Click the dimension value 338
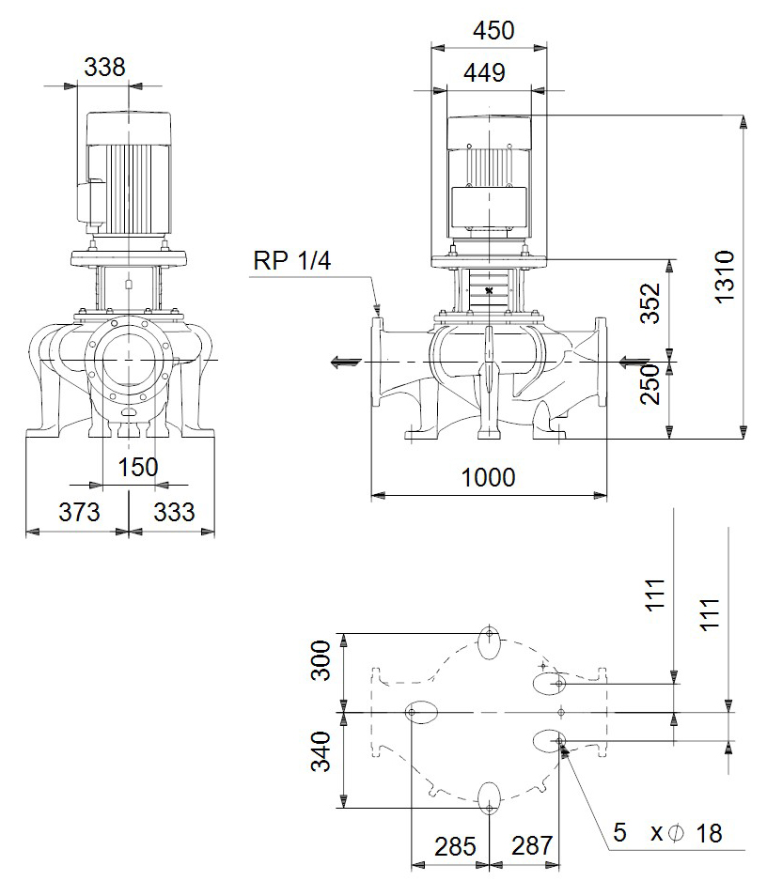pyautogui.click(x=104, y=68)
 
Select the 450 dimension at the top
pyautogui.click(x=493, y=30)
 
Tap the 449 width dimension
pyautogui.click(x=484, y=73)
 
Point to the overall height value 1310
pyautogui.click(x=724, y=276)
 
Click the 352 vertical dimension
pyautogui.click(x=650, y=303)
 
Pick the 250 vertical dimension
pyautogui.click(x=650, y=384)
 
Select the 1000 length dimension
pyautogui.click(x=488, y=477)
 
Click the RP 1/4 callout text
pyautogui.click(x=291, y=261)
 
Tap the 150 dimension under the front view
pyautogui.click(x=138, y=468)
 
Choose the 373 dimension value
pyautogui.click(x=79, y=512)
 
